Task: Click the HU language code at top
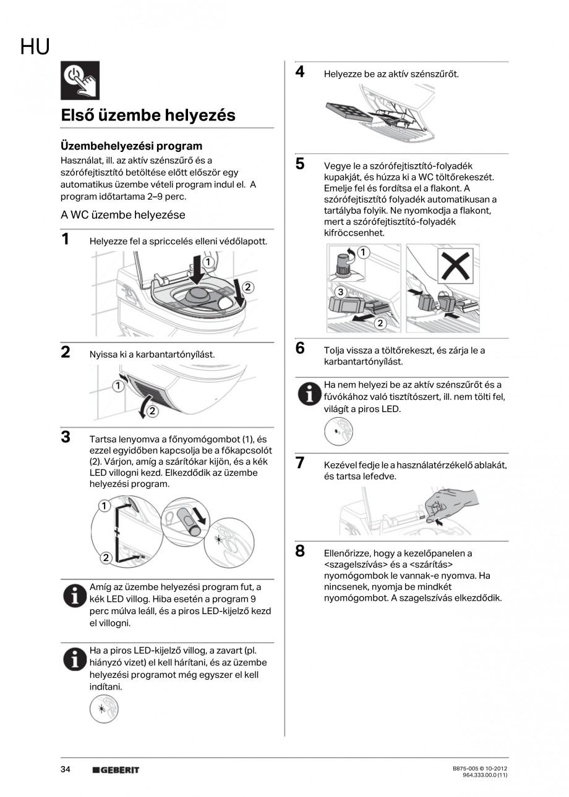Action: coord(35,46)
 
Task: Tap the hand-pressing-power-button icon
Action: coord(80,81)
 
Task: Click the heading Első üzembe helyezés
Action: coord(148,116)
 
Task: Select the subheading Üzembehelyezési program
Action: coord(131,146)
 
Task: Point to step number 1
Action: coord(65,239)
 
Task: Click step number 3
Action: coord(65,437)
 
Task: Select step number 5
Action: coord(299,164)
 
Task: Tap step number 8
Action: coord(299,551)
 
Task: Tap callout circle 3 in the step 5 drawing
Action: coord(340,291)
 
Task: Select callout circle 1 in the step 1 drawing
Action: coord(208,262)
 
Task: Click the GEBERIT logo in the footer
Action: coord(116,770)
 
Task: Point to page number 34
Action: coord(66,769)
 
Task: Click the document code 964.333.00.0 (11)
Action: coord(485,774)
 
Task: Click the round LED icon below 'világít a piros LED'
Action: coord(338,431)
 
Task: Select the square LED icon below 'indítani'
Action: coord(103,709)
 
